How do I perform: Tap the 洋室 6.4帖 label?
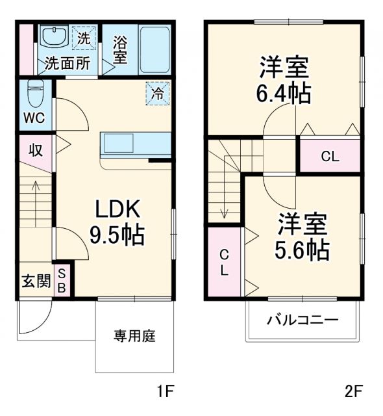(x=284, y=81)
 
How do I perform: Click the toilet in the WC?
(x=34, y=94)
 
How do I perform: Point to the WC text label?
(x=34, y=118)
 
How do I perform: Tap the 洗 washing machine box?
(x=84, y=38)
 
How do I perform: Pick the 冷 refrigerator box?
(x=158, y=93)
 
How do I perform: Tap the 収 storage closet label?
(x=35, y=150)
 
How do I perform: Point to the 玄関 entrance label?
(x=36, y=281)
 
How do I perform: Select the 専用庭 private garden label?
(x=135, y=336)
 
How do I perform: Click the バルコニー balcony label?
(x=302, y=320)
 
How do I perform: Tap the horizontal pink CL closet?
(x=329, y=156)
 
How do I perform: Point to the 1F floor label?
(x=166, y=392)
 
